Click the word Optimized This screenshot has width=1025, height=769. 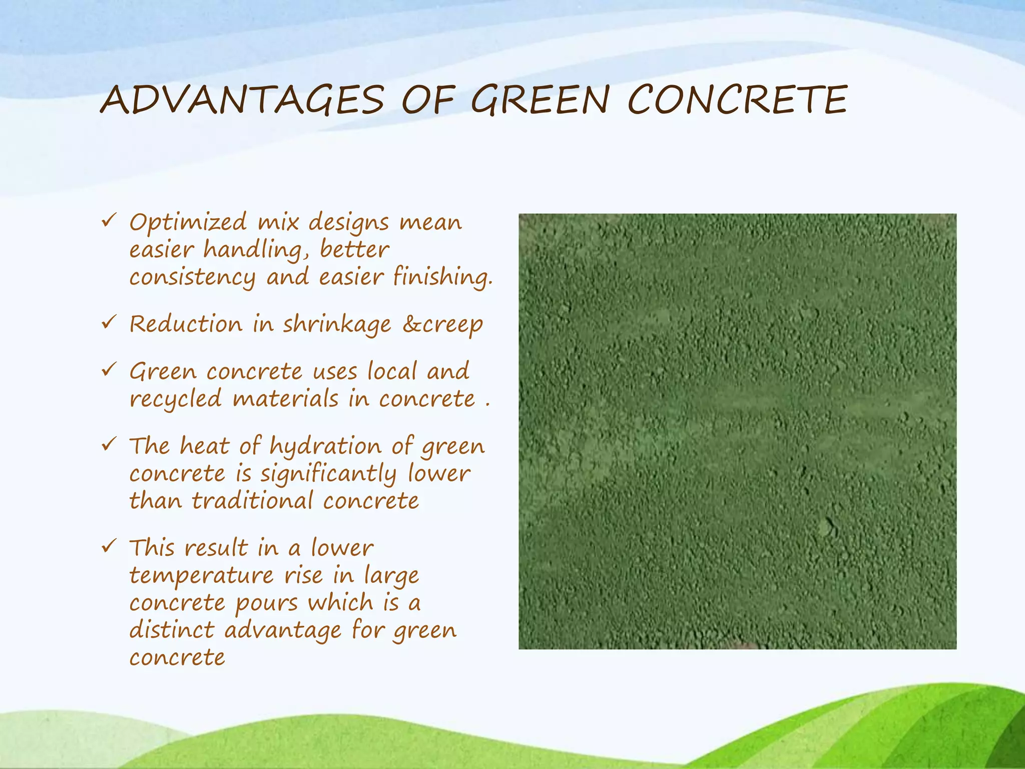(x=188, y=223)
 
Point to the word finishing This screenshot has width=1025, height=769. (x=442, y=277)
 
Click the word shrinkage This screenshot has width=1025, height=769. (x=337, y=325)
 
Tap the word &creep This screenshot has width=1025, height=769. (x=442, y=325)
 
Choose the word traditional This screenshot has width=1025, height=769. (x=253, y=501)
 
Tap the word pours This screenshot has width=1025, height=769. (x=267, y=603)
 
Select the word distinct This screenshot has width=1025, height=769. (x=172, y=630)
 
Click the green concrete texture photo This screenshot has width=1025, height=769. (x=737, y=431)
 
